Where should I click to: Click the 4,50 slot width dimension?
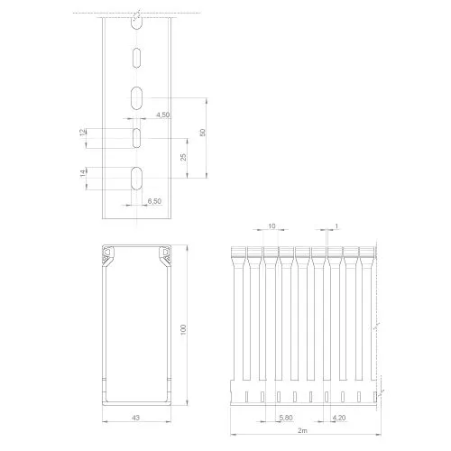(x=162, y=115)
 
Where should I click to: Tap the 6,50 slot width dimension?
(x=154, y=201)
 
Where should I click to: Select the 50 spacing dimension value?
(x=203, y=133)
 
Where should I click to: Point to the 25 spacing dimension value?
(x=183, y=157)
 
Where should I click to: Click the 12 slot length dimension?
(x=83, y=133)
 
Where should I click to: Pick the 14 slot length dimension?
(x=83, y=173)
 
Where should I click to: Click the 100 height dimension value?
(x=183, y=329)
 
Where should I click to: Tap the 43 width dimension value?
(x=136, y=418)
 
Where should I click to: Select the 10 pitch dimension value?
(x=272, y=225)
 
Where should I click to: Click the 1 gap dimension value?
(x=336, y=225)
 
